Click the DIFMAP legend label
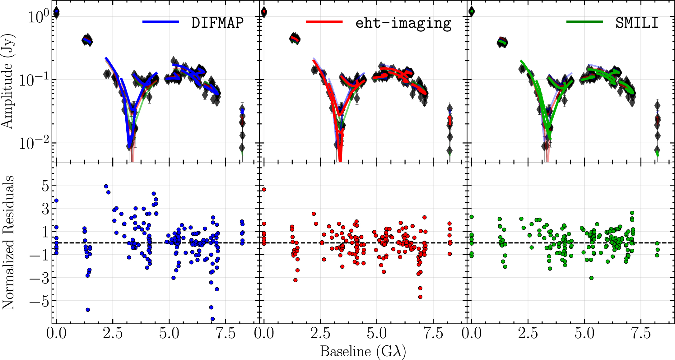(x=217, y=23)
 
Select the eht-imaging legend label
(x=403, y=23)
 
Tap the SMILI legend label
(x=637, y=23)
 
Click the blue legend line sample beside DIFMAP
(x=161, y=22)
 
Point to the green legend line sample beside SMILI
(x=584, y=22)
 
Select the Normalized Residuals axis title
(x=8, y=242)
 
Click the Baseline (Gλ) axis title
(x=363, y=352)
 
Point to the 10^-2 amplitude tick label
(x=34, y=143)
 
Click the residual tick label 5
(x=45, y=186)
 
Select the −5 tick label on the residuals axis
(x=39, y=301)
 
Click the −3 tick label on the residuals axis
(x=39, y=278)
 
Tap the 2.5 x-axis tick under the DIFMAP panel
(x=113, y=333)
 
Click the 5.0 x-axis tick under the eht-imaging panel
(x=377, y=333)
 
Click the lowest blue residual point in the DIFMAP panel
(x=213, y=319)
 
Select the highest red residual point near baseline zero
(x=264, y=189)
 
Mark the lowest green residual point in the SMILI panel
(x=591, y=278)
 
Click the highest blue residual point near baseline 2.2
(x=106, y=186)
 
